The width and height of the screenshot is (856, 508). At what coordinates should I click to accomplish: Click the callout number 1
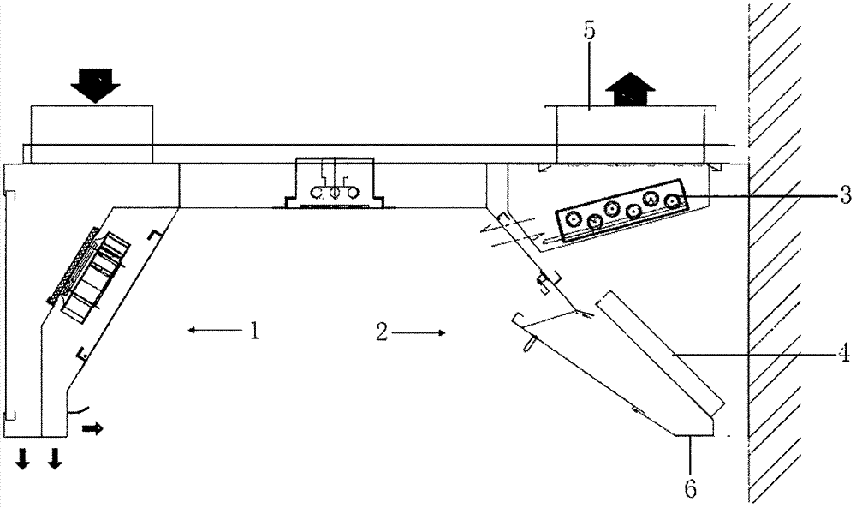tap(254, 331)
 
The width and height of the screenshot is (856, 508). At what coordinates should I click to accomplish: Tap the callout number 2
tap(382, 332)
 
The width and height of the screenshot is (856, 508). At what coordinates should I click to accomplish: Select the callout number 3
tap(845, 195)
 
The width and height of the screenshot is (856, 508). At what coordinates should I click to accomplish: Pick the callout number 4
tap(844, 353)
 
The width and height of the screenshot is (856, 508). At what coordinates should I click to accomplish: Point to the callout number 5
tap(589, 31)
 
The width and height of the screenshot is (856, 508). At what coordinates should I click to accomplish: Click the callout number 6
tap(691, 488)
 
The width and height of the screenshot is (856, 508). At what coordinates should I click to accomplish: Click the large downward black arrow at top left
tap(96, 85)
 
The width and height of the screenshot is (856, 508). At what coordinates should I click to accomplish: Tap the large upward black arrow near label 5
tap(630, 88)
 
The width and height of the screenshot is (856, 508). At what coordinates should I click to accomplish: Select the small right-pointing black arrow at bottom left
tap(92, 429)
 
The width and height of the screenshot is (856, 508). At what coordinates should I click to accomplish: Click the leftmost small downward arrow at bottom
tap(22, 458)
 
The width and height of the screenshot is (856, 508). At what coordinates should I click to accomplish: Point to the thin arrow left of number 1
tap(215, 329)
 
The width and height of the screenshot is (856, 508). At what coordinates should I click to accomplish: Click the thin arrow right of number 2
tap(419, 332)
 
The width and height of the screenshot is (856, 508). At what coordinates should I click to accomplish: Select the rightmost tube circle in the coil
tap(673, 201)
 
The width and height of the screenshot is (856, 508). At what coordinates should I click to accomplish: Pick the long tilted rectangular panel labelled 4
tap(661, 352)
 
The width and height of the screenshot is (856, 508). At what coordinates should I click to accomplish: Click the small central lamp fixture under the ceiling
tap(335, 183)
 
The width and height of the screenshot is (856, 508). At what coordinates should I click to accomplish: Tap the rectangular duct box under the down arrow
tap(92, 134)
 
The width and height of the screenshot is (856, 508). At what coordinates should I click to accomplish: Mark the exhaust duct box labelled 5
tap(630, 134)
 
